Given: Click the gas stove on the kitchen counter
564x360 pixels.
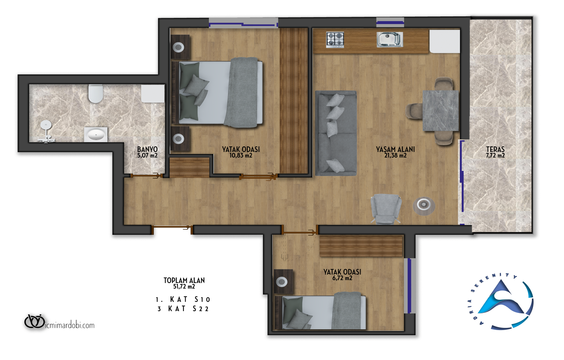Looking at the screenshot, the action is pyautogui.click(x=335, y=40).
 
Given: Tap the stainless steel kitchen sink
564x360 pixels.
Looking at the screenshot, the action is pyautogui.click(x=390, y=39).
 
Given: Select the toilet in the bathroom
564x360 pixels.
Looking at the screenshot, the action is pyautogui.click(x=96, y=93).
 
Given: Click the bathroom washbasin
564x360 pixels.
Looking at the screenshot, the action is pyautogui.click(x=96, y=134).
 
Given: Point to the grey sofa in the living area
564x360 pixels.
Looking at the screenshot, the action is pyautogui.click(x=336, y=133).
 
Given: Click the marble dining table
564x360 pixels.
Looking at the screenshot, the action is pyautogui.click(x=441, y=111).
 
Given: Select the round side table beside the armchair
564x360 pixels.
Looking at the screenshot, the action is pyautogui.click(x=424, y=206).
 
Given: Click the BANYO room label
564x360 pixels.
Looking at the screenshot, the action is pyautogui.click(x=147, y=149).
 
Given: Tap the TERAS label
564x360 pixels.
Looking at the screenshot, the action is pyautogui.click(x=495, y=149).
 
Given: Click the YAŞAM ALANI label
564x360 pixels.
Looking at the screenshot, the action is pyautogui.click(x=395, y=149).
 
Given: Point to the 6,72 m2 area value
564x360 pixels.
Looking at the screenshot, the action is pyautogui.click(x=342, y=278).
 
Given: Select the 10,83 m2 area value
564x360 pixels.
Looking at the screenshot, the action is pyautogui.click(x=241, y=156).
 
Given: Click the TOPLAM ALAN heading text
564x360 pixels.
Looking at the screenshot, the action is pyautogui.click(x=184, y=280).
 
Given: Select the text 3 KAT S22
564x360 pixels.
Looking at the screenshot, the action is pyautogui.click(x=183, y=309).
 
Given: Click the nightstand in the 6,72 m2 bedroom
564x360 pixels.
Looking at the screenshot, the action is pyautogui.click(x=283, y=281).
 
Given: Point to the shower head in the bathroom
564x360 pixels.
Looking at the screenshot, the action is pyautogui.click(x=46, y=125).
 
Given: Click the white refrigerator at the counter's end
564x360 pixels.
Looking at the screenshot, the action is pyautogui.click(x=445, y=41).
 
